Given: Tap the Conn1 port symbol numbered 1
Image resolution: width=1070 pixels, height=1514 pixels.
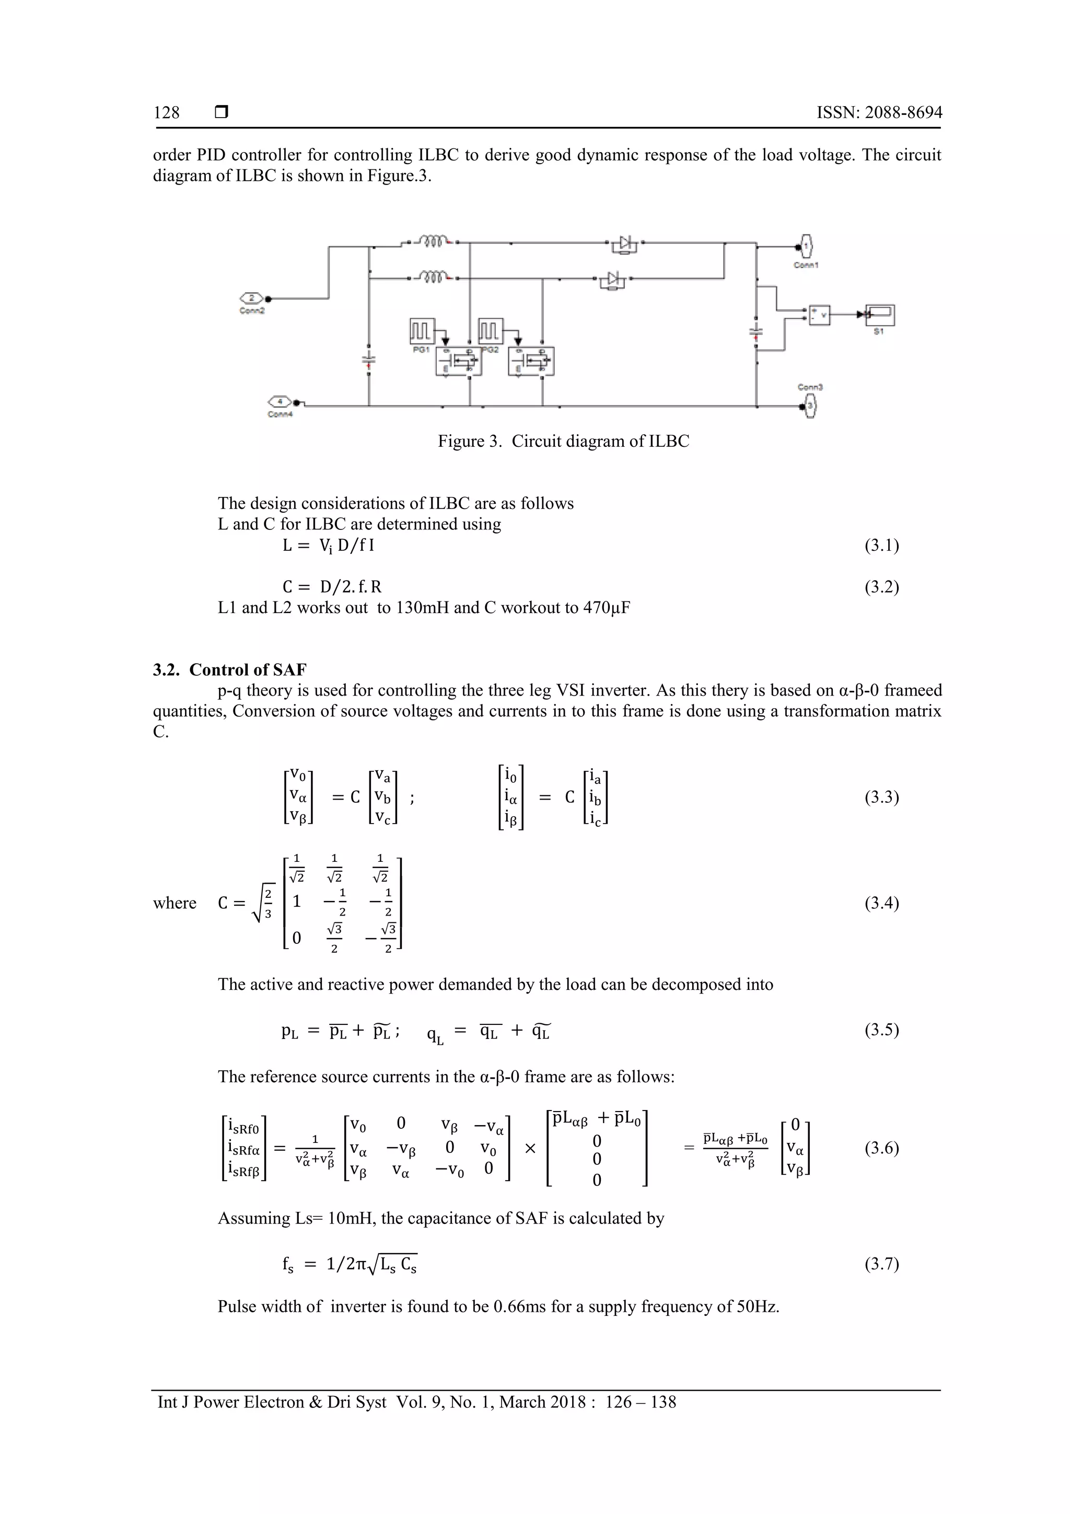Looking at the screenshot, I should click(x=806, y=247).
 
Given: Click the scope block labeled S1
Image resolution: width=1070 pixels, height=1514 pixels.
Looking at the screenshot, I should click(x=880, y=315).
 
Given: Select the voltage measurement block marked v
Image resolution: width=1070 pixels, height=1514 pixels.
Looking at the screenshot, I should click(x=819, y=316).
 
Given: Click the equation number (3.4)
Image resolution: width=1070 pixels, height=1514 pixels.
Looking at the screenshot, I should click(x=881, y=903).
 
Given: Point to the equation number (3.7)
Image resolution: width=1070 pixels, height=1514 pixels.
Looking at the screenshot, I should click(x=881, y=1264).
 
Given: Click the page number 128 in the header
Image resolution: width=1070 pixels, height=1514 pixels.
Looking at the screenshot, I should click(x=166, y=113).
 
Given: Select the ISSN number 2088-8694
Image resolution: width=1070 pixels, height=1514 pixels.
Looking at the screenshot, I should click(x=903, y=113).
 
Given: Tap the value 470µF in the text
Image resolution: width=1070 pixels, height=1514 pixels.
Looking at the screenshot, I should click(x=606, y=607).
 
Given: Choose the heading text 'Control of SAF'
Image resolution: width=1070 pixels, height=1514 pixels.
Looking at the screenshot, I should click(x=248, y=670).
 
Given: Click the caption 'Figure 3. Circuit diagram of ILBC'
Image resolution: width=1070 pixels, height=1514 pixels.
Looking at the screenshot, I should click(x=563, y=441).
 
